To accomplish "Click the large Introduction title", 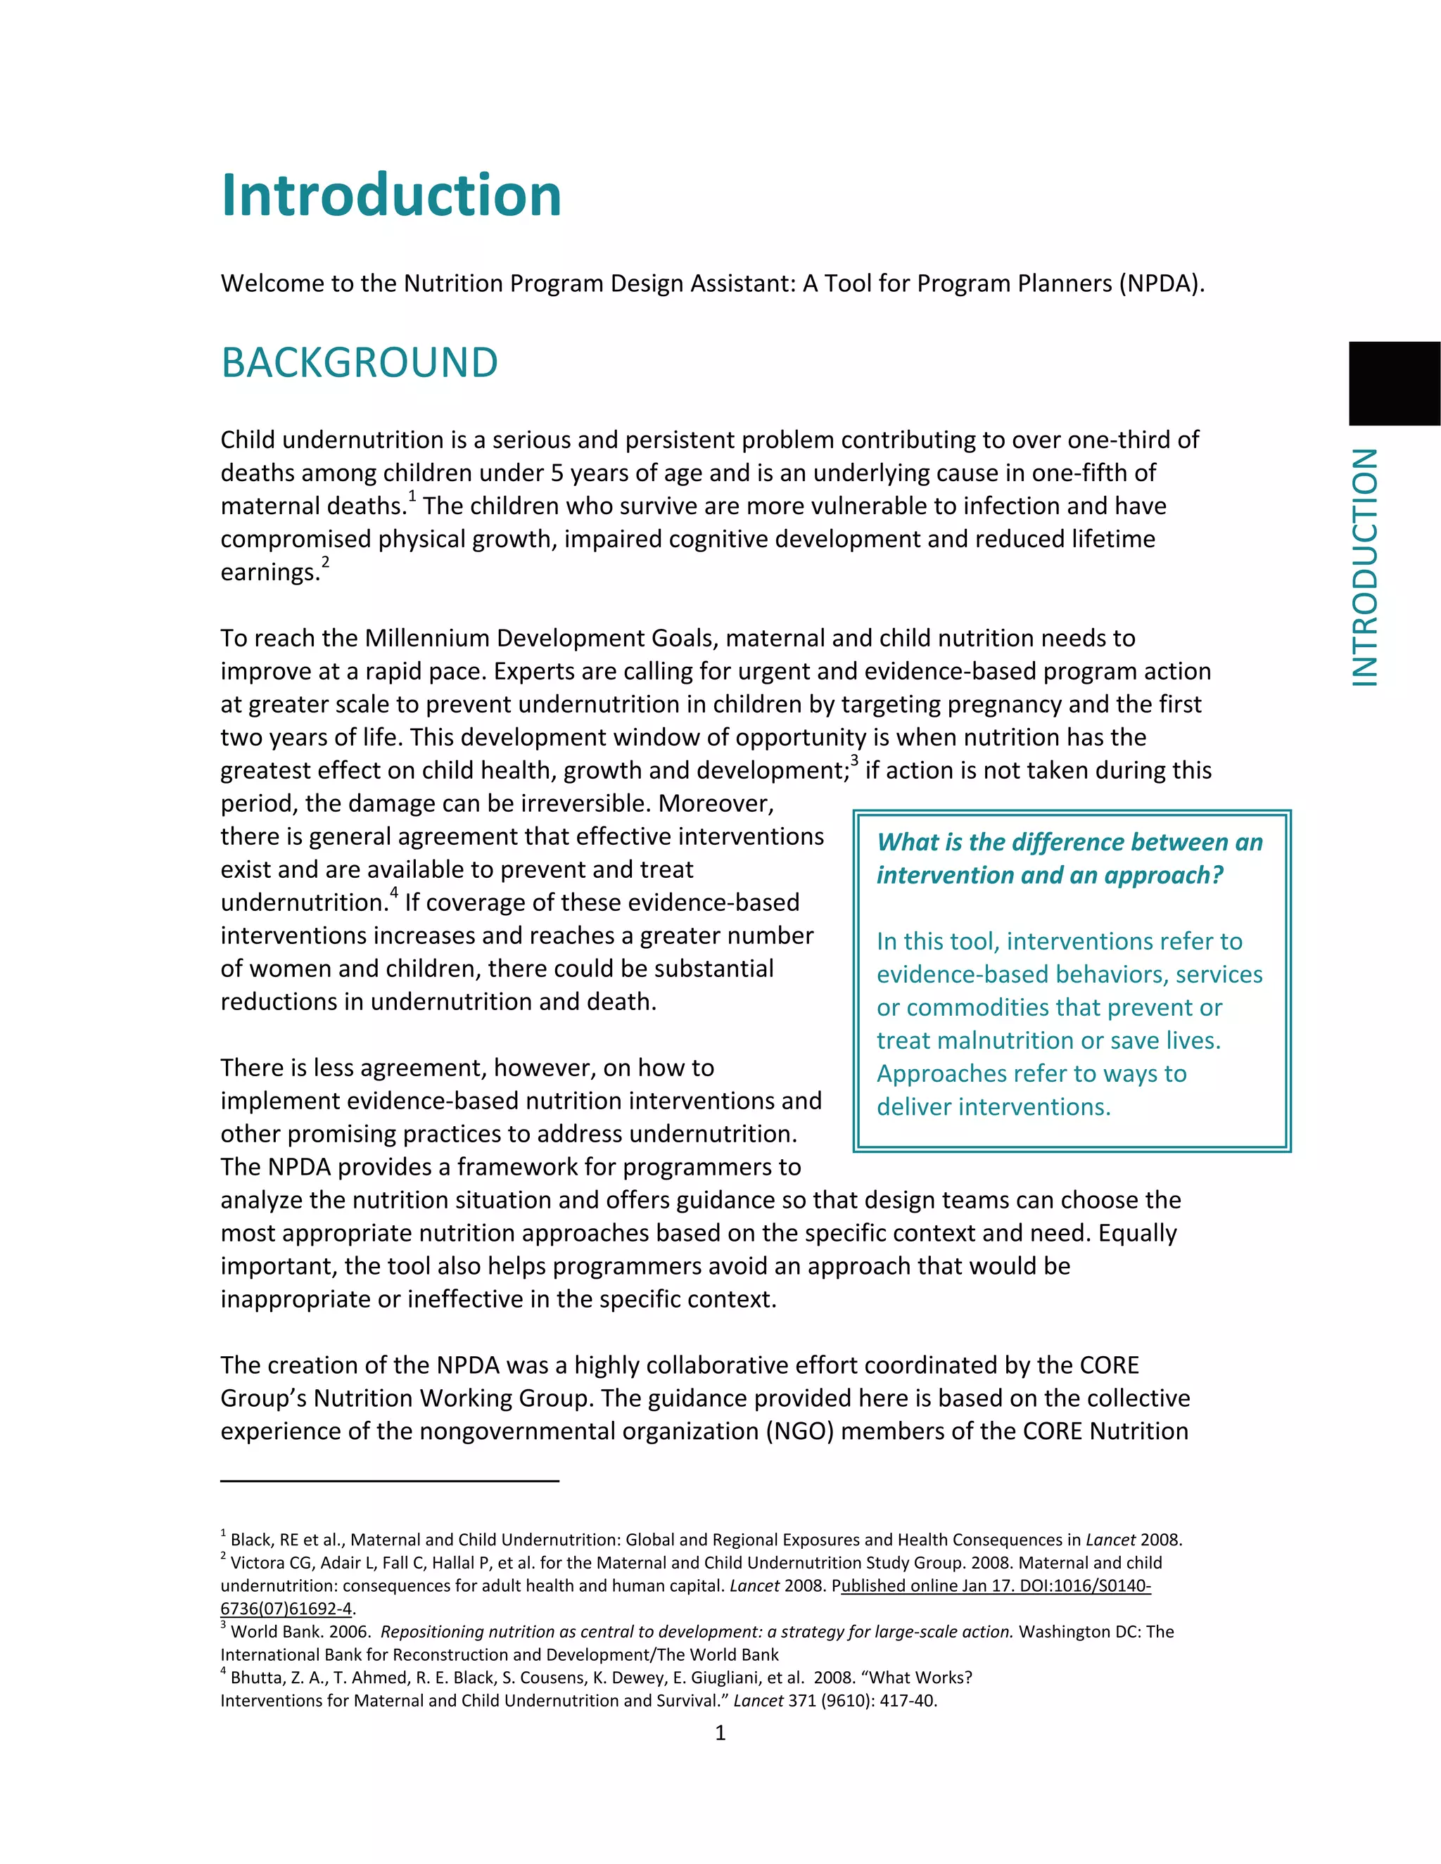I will coord(391,196).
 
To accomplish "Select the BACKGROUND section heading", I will coord(360,363).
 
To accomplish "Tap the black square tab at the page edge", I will coord(1393,383).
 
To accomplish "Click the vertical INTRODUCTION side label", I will coord(1366,567).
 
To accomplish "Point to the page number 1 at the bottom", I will coord(720,1732).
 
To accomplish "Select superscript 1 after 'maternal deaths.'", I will coord(412,497).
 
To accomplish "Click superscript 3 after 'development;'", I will coord(853,761).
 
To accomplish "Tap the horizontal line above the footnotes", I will coord(389,1481).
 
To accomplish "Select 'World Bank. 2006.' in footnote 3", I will coord(300,1632).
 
